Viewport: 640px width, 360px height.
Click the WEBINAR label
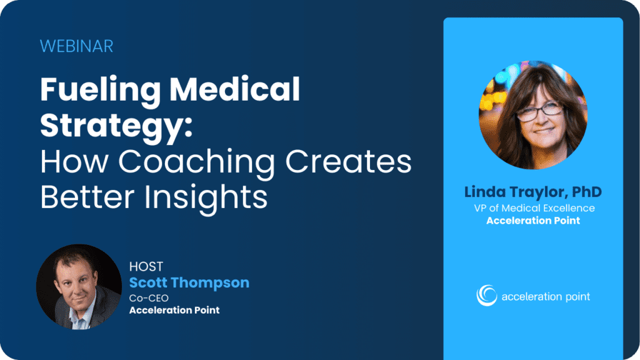point(76,46)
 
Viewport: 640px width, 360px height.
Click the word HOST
point(146,266)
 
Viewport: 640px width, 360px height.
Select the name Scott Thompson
point(189,282)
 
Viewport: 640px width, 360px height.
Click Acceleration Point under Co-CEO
point(174,310)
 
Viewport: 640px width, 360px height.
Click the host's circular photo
point(79,287)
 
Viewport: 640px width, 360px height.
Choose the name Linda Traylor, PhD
point(533,192)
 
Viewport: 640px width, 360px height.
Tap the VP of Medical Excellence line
point(533,208)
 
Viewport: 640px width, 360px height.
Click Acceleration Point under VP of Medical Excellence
point(533,221)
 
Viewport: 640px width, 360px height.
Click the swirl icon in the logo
point(487,296)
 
